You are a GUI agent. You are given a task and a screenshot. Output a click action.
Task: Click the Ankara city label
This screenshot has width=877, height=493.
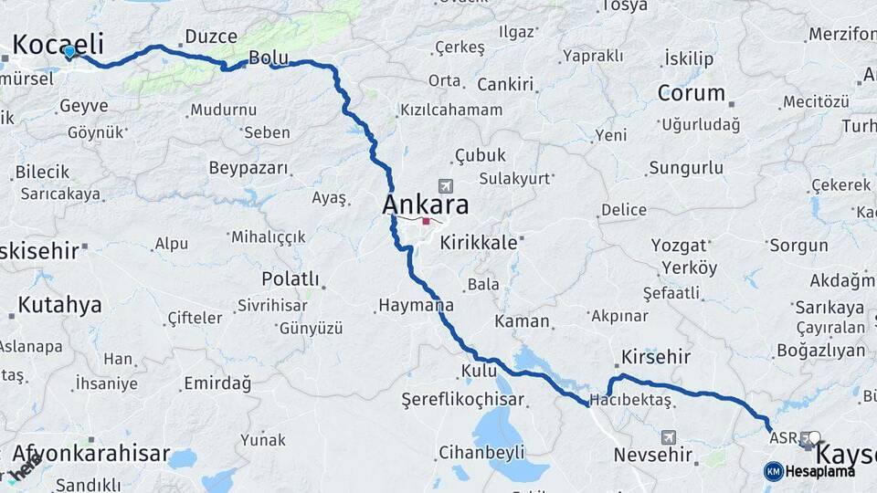(426, 204)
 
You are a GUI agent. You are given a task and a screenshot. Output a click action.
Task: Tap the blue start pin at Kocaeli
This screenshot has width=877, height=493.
(69, 51)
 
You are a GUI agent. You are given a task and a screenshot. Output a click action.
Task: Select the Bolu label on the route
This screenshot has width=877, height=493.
(269, 58)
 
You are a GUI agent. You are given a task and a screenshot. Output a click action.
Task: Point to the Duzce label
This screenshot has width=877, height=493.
(211, 37)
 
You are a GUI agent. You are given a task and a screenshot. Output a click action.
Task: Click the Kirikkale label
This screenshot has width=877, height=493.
(478, 244)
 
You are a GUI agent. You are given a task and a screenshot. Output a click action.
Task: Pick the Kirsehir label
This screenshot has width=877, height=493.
(655, 356)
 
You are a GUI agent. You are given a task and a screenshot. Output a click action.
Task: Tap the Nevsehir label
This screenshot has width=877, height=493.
(653, 454)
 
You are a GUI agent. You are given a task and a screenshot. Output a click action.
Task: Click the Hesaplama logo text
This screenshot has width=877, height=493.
(819, 471)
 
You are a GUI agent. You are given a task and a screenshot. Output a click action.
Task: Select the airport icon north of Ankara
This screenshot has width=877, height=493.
(445, 185)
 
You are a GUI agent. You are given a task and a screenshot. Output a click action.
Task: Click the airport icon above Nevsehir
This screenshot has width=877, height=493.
(669, 437)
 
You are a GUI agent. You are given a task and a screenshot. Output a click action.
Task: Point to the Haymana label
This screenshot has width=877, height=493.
(416, 305)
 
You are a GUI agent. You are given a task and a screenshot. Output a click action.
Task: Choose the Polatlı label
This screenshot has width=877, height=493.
(290, 278)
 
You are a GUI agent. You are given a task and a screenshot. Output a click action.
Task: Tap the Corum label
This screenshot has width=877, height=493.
(691, 92)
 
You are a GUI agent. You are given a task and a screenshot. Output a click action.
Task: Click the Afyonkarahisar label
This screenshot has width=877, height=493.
(91, 454)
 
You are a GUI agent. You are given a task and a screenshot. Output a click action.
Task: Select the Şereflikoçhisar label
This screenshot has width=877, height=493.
(463, 399)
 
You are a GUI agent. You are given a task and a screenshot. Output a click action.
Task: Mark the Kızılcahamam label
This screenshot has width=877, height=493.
(450, 110)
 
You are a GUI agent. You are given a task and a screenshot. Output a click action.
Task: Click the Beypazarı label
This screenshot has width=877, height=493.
(248, 168)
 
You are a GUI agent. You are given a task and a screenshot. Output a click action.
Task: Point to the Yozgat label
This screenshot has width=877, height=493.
(679, 245)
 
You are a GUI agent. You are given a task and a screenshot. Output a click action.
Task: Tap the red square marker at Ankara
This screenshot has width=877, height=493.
(426, 221)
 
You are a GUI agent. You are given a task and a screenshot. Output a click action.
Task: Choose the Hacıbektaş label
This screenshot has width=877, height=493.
(630, 400)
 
